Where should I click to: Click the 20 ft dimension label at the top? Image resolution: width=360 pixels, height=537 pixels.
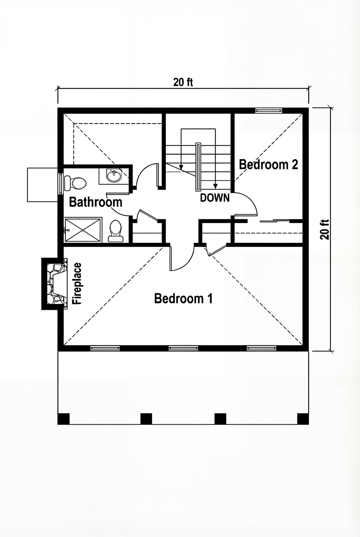[x=183, y=82]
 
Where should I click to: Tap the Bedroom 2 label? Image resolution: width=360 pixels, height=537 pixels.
[x=269, y=165]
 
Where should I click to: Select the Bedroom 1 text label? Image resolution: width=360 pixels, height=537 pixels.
[x=183, y=299]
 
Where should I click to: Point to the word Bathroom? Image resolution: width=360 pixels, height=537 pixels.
[x=95, y=202]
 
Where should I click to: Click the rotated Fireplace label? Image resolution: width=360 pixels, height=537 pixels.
[x=77, y=284]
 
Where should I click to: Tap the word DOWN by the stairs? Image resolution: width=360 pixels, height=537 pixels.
[x=215, y=197]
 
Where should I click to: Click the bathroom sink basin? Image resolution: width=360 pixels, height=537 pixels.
[x=114, y=176]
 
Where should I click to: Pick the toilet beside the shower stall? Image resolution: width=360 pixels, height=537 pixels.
[x=115, y=231]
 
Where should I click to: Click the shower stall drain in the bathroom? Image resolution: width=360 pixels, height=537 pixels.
[x=83, y=230]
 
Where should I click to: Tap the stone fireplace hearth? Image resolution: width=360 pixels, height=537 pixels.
[x=56, y=283]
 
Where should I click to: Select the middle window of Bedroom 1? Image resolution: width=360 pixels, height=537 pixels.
[x=183, y=348]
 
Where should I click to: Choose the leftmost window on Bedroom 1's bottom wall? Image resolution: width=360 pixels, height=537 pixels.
[x=105, y=348]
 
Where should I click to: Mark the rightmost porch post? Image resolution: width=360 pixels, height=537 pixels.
[x=302, y=419]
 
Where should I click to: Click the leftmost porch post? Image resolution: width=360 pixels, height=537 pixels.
[x=63, y=419]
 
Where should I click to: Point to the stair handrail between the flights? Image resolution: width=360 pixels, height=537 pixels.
[x=198, y=167]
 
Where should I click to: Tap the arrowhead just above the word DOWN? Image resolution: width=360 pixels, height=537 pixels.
[x=215, y=187]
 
